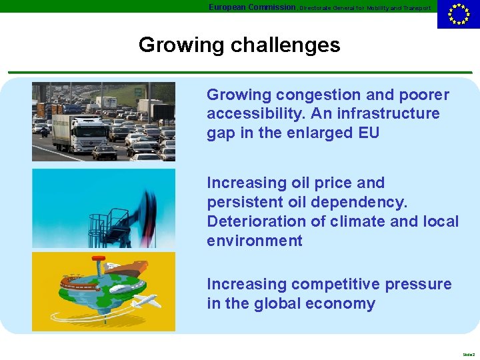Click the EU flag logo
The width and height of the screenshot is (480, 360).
pos(458,14)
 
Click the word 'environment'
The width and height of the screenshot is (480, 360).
pos(254,240)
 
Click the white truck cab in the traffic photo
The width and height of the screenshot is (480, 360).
pos(91,129)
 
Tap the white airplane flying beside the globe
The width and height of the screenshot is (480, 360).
pos(146,301)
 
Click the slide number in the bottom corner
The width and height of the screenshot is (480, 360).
pos(468,354)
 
